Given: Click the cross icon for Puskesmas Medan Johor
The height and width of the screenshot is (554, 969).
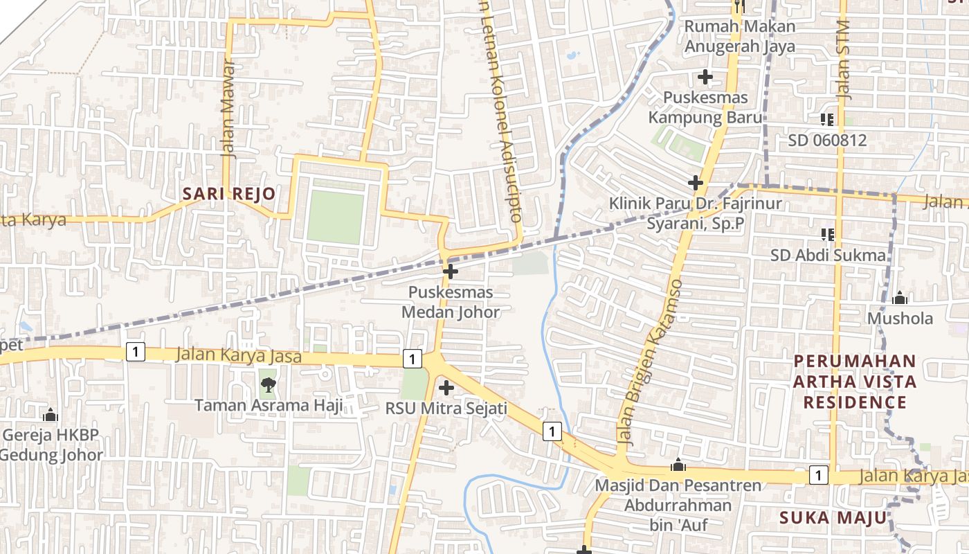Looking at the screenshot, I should coord(450,271).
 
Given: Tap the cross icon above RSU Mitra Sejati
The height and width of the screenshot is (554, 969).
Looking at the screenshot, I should coord(446,387).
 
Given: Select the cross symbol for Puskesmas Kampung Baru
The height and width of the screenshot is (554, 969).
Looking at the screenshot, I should coord(705,77).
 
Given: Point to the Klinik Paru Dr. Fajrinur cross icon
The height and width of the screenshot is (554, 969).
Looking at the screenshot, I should coord(696,183).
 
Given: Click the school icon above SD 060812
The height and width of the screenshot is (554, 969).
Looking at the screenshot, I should coord(826,119).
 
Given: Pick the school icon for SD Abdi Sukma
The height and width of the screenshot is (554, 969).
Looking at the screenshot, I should coord(826,234).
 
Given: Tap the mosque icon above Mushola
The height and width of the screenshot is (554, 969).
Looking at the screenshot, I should coord(900,298).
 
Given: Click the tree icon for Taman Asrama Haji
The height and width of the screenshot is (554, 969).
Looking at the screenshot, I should coord(268,384).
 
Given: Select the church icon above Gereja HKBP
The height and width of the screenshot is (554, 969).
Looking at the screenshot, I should coord(50,415).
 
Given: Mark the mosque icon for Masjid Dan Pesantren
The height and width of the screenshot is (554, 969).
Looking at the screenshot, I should coord(678,465).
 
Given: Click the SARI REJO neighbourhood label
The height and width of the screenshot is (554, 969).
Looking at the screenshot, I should coord(228,194).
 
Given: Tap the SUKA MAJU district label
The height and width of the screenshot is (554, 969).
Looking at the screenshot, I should coord(833,517).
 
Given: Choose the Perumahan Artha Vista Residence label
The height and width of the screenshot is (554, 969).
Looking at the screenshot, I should coord(855,382).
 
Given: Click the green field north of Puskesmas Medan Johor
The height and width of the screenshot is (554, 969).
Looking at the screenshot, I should coord(336,217).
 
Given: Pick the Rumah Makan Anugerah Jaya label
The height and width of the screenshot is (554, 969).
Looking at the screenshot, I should coord(739,37).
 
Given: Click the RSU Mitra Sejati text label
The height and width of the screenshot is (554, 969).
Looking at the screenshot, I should coord(446,409).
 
